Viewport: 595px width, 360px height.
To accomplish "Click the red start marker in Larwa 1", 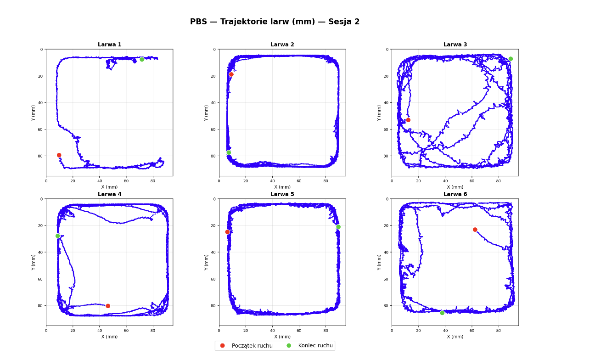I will click(x=59, y=155).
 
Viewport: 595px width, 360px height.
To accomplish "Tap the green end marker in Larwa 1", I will click(x=142, y=59).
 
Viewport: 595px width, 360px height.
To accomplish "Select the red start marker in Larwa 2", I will click(x=231, y=74).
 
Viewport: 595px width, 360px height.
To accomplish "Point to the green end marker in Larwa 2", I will click(x=229, y=152).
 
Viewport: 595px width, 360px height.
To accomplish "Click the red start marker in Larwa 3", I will click(x=408, y=120).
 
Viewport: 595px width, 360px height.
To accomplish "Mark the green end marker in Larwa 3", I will click(x=511, y=59).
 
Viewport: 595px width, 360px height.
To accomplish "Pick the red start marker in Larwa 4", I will click(x=108, y=306).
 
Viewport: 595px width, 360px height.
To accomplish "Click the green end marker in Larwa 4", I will click(x=58, y=236).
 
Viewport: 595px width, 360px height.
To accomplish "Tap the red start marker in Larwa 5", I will click(x=227, y=232).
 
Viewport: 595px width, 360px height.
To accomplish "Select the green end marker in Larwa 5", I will click(x=338, y=227).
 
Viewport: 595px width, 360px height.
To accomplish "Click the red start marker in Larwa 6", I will click(x=475, y=230).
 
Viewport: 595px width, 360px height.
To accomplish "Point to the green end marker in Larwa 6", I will click(x=442, y=313).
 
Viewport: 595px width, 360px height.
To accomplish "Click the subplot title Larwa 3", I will click(x=455, y=45).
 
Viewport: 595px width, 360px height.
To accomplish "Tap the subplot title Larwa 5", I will click(x=282, y=194).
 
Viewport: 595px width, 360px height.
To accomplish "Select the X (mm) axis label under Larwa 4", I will click(x=109, y=337).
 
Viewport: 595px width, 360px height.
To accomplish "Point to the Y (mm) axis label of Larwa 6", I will click(x=380, y=262).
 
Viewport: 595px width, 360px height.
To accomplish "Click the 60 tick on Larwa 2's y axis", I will click(x=214, y=129).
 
